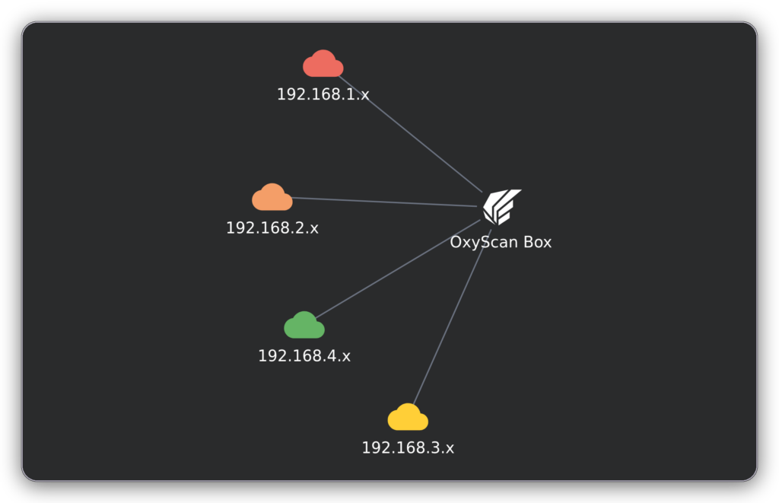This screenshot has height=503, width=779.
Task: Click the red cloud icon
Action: (x=323, y=64)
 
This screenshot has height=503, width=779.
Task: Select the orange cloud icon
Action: (x=272, y=197)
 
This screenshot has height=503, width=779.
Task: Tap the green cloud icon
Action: (x=304, y=325)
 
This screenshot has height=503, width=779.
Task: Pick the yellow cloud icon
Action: (x=408, y=417)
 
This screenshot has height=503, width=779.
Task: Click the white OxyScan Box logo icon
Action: (x=502, y=207)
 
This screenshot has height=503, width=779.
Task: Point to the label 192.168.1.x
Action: (x=323, y=94)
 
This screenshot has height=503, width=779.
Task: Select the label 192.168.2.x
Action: (x=272, y=228)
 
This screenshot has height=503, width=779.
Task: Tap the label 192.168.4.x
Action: (x=304, y=356)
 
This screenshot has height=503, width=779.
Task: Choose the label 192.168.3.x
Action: (x=408, y=447)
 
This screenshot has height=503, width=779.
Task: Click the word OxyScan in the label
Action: (x=484, y=243)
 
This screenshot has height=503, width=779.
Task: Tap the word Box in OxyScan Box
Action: (x=538, y=242)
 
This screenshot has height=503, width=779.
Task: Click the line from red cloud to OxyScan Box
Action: (x=410, y=134)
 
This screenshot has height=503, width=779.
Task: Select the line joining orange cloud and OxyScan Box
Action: (x=384, y=202)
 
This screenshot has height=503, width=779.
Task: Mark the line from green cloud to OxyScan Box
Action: (x=399, y=269)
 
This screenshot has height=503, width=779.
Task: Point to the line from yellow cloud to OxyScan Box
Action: (x=452, y=317)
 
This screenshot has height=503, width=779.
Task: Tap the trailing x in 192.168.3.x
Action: (x=450, y=449)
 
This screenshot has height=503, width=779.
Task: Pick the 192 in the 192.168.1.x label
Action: (x=291, y=94)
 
